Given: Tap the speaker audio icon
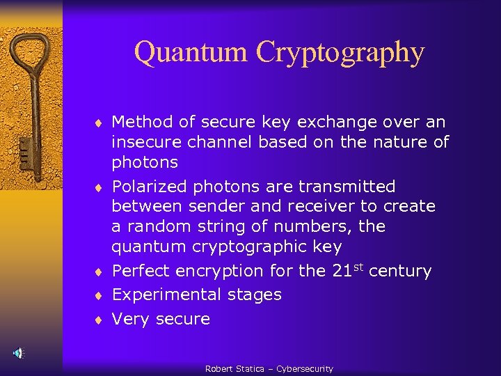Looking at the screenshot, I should (19, 353).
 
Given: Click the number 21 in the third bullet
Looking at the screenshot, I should (342, 271).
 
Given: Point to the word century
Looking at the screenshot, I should (400, 272).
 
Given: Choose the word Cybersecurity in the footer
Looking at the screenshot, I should (305, 369).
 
